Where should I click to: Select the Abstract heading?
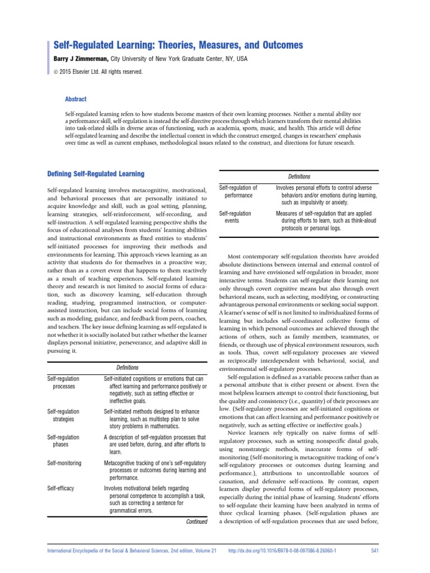pyautogui.click(x=76, y=99)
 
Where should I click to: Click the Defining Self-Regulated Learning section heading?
pyautogui.click(x=96, y=174)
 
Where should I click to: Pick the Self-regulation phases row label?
pyautogui.click(x=63, y=440)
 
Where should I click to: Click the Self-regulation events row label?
pyautogui.click(x=235, y=217)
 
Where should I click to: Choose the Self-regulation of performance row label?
pyautogui.click(x=238, y=191)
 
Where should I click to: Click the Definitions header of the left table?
pyautogui.click(x=127, y=368)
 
